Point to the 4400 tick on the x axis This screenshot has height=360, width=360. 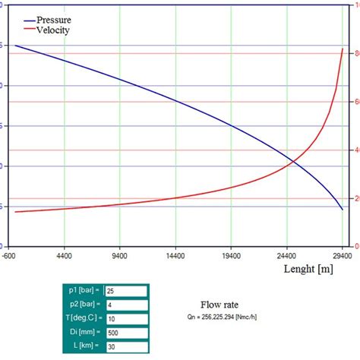point(64,256)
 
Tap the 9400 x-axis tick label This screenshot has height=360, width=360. point(120,256)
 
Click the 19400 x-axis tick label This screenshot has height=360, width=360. point(231,256)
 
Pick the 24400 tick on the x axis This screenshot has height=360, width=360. point(286,256)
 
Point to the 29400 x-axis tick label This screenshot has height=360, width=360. point(342,256)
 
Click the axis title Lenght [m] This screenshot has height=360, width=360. point(305,268)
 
